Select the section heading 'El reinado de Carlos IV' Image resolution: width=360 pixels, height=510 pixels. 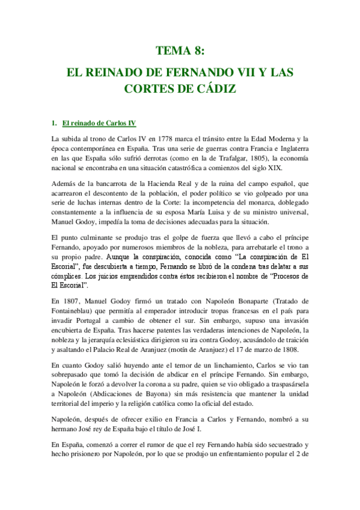(x=99, y=124)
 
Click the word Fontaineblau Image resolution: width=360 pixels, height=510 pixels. (x=81, y=310)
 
